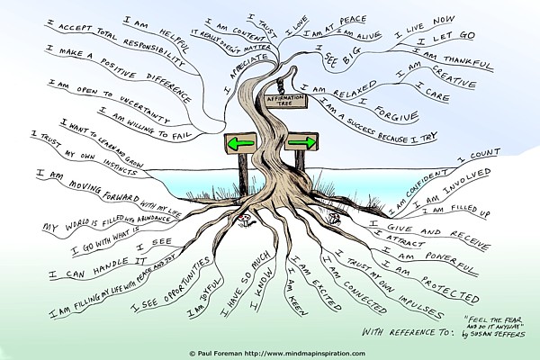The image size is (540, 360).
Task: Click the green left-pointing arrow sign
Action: coord(240,143)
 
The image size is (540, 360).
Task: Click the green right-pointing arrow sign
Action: coord(301,143)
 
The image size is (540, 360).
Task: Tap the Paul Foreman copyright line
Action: coord(269,352)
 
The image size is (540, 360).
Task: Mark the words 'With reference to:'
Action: coord(402,331)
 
